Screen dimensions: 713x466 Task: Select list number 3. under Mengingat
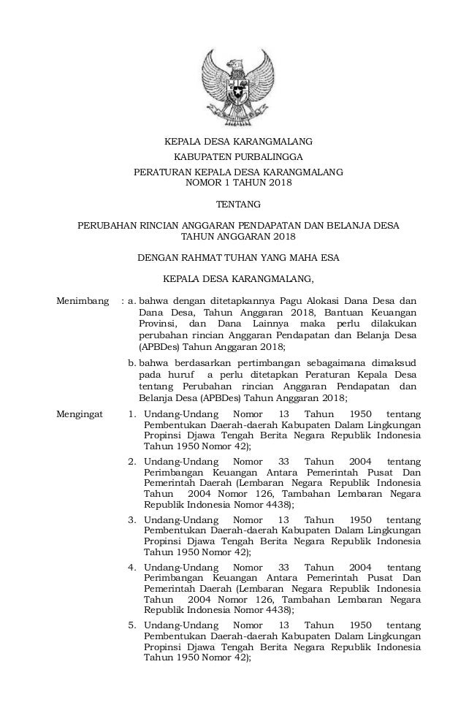pyautogui.click(x=133, y=519)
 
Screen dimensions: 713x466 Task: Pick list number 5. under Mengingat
pyautogui.click(x=133, y=625)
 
